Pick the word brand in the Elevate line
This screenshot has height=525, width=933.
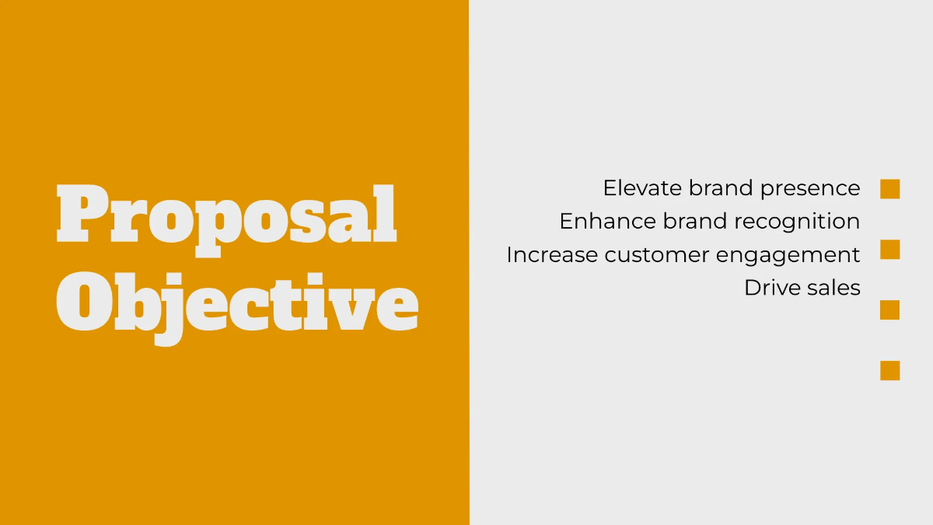pyautogui.click(x=722, y=188)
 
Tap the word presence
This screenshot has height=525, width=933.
pyautogui.click(x=810, y=189)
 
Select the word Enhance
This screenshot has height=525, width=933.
pyautogui.click(x=607, y=222)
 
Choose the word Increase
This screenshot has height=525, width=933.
pyautogui.click(x=551, y=255)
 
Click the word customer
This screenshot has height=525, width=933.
pyautogui.click(x=661, y=255)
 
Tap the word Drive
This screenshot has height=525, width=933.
pyautogui.click(x=768, y=288)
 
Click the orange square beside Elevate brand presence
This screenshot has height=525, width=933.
pyautogui.click(x=889, y=189)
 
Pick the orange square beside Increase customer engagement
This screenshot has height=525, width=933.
pyautogui.click(x=889, y=250)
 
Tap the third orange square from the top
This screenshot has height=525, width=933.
pyautogui.click(x=889, y=310)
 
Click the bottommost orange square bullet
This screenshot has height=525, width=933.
pyautogui.click(x=889, y=370)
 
